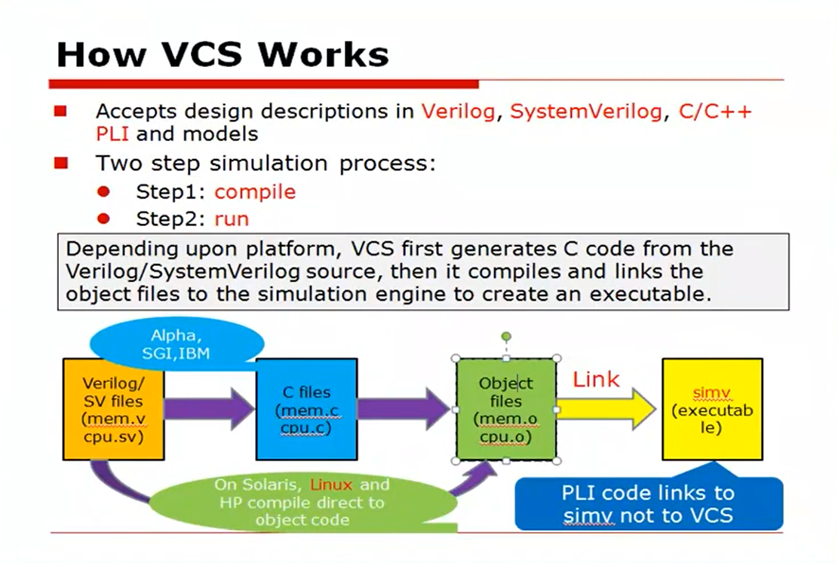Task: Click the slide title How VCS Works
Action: point(223,54)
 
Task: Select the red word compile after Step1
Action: point(255,191)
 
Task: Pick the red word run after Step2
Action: point(232,219)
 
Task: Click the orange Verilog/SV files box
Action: point(112,410)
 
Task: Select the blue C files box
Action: point(306,410)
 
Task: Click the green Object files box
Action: point(506,410)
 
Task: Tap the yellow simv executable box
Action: point(711,410)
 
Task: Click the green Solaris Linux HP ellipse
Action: point(301,502)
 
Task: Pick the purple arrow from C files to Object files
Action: point(404,409)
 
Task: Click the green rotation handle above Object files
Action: point(506,336)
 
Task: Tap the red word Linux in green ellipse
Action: point(331,485)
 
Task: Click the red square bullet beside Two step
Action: point(61,163)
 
